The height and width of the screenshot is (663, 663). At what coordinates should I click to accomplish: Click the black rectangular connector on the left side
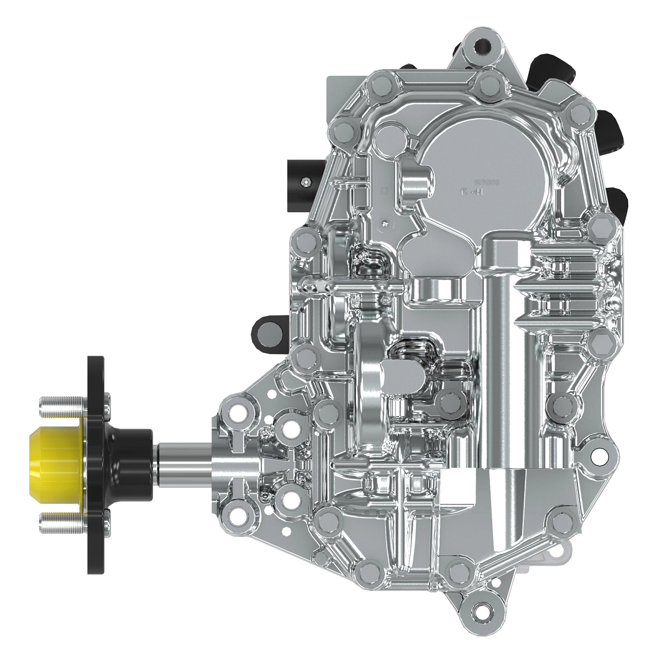(302, 180)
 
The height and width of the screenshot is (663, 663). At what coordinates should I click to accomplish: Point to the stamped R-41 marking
(473, 192)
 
